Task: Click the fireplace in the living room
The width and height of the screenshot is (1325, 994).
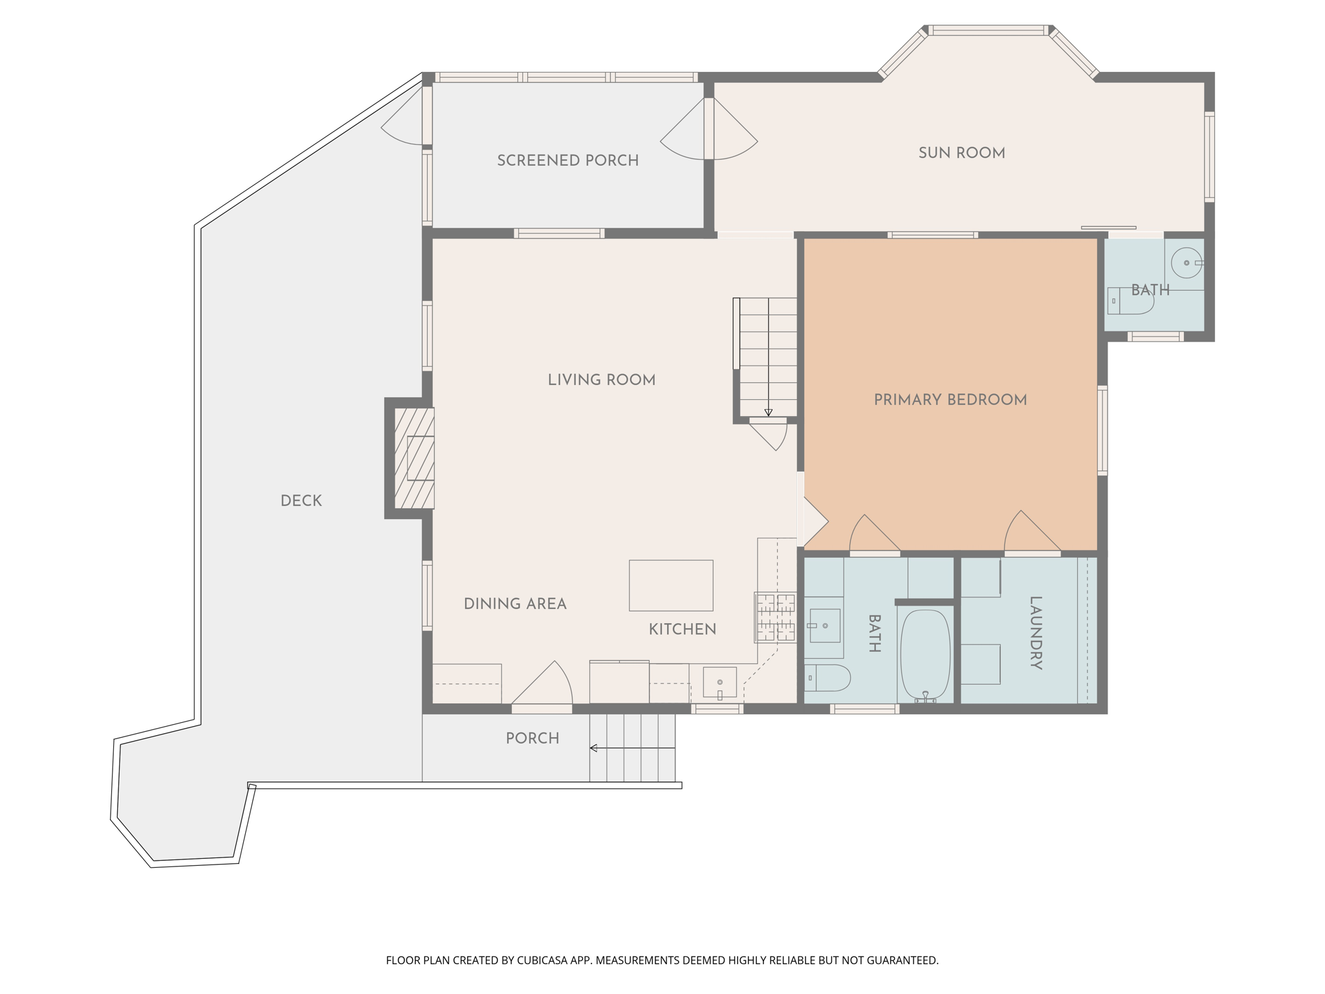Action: [414, 458]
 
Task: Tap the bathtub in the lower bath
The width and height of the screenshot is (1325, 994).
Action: [925, 655]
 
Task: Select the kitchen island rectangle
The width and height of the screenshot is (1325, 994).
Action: [671, 586]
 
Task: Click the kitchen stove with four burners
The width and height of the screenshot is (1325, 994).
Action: [775, 618]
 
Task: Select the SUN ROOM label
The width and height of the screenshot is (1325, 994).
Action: [961, 153]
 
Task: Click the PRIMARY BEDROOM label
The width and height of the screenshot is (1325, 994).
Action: [950, 400]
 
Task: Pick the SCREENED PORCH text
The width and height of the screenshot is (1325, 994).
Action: [567, 160]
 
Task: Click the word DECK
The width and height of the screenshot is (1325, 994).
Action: [301, 501]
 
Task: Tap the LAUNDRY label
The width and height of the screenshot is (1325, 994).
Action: [1035, 632]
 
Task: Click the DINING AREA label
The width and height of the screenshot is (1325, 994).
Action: [515, 604]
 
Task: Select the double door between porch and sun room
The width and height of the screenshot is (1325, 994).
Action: [709, 129]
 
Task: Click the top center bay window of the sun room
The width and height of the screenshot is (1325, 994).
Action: [988, 30]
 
